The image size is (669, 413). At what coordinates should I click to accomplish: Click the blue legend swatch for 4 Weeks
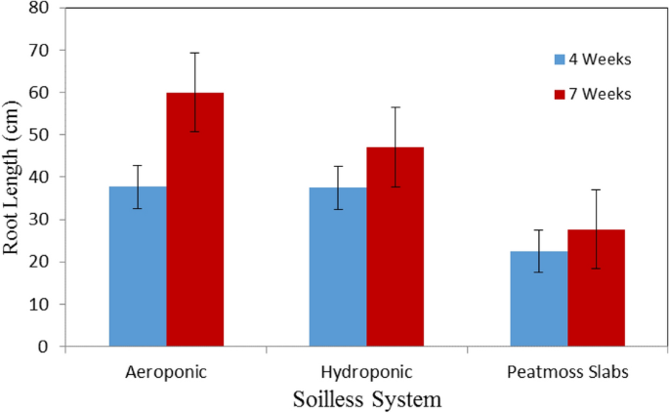coord(560,60)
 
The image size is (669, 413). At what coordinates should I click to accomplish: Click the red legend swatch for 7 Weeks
coord(560,94)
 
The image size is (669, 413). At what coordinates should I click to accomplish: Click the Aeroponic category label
coord(166,373)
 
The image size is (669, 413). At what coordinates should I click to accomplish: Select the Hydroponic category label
coord(366,373)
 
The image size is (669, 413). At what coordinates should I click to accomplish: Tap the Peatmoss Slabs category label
coord(567,373)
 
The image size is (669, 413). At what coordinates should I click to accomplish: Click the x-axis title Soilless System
coord(367,399)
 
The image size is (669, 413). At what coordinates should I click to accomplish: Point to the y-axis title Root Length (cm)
coord(13,177)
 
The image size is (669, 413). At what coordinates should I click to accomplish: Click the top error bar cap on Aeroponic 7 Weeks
coord(194,53)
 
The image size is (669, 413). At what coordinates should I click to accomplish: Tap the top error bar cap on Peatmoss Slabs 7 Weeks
coord(596,189)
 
